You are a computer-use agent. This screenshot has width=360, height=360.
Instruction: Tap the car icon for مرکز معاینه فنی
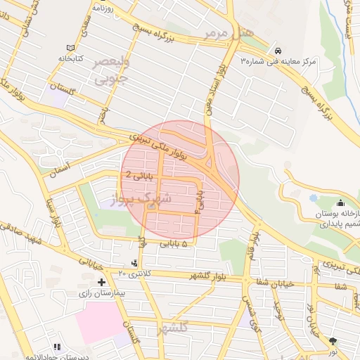[278, 51]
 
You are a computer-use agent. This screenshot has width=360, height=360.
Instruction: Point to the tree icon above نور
[333, 341]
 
